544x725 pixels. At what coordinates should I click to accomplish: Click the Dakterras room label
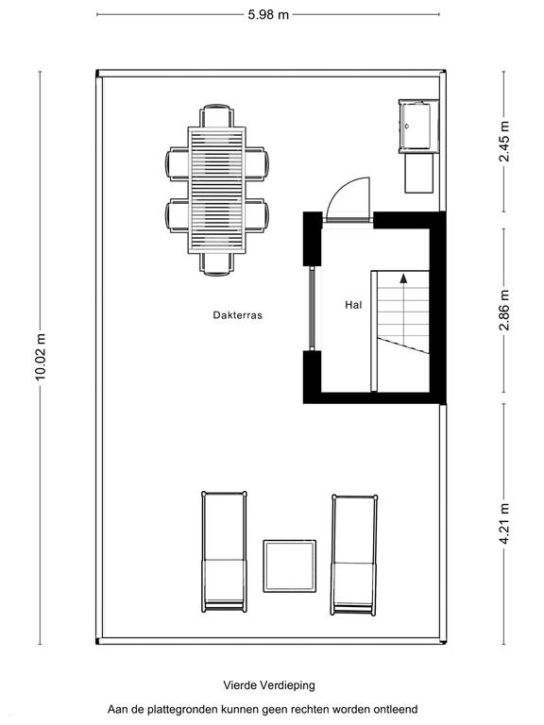coord(237,315)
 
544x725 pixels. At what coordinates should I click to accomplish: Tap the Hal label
coord(353,305)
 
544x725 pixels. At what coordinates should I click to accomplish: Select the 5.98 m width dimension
coord(268,15)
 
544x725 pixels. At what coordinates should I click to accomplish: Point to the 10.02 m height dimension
coord(41,357)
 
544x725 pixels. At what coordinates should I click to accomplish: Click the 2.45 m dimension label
coord(504,142)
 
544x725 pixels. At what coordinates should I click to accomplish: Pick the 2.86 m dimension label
coord(504,310)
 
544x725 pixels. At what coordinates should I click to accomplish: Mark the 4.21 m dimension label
coord(504,523)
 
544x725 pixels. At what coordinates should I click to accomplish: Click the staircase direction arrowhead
coord(404,278)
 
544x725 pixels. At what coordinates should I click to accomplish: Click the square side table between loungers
coord(290,566)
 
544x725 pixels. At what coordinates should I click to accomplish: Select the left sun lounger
coord(225,551)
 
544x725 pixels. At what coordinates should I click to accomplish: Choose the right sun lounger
coord(354,555)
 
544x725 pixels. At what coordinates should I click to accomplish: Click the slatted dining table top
coord(217,190)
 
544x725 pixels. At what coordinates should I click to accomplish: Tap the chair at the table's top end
coord(217,115)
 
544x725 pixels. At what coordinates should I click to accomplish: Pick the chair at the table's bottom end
coord(217,264)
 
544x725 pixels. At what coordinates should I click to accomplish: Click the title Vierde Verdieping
coord(269,684)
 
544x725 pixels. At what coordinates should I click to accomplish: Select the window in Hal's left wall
coord(313,308)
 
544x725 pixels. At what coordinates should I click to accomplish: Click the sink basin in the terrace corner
coord(416,126)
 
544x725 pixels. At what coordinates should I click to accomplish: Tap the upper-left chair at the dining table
coord(178,163)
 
